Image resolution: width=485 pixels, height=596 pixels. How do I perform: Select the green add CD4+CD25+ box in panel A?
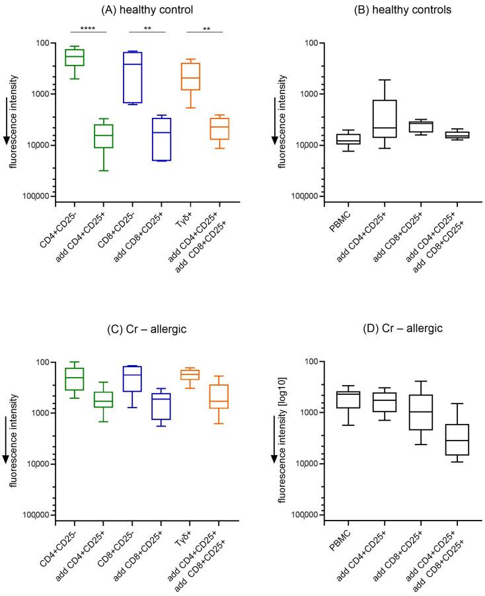[103, 136]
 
